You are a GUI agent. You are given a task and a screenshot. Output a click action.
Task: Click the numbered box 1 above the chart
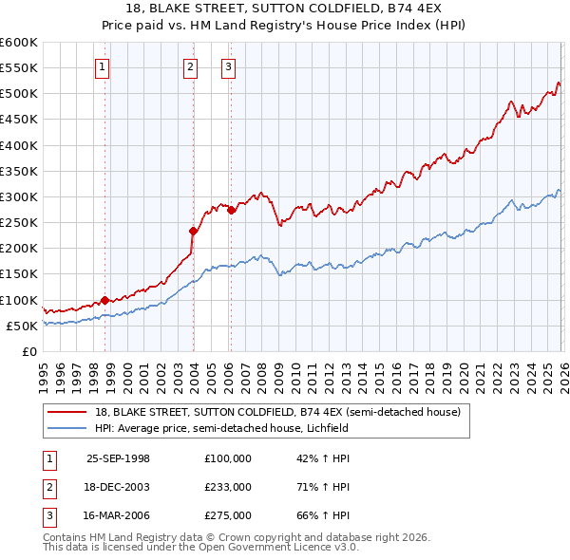click(102, 66)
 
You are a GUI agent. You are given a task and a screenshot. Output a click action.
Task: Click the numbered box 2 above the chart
click(191, 66)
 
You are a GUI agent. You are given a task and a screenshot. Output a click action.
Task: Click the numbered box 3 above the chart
click(229, 66)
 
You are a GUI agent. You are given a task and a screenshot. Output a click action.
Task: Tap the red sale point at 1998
click(104, 300)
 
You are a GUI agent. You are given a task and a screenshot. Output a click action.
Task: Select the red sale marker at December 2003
click(193, 231)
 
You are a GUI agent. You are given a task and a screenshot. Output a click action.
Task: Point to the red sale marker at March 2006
click(231, 209)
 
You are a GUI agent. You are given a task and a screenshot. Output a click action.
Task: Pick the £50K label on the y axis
click(22, 326)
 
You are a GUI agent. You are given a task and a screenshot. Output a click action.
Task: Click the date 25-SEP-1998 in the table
click(118, 458)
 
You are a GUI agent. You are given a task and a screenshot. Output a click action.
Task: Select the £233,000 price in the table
click(228, 487)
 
